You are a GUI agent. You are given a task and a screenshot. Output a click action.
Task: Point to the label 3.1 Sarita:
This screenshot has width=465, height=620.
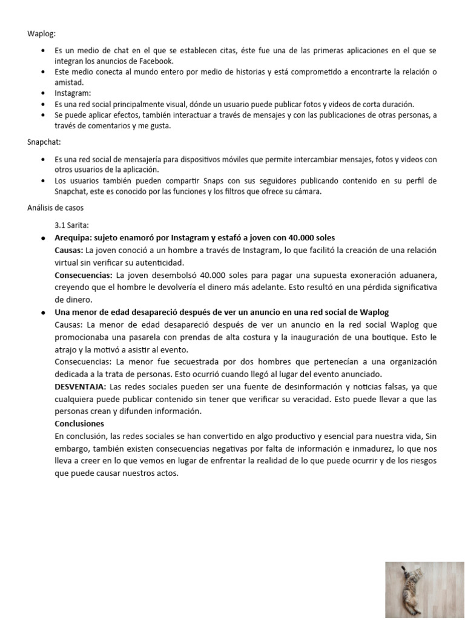[73, 223]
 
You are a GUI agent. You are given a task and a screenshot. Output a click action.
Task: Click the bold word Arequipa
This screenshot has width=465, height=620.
[74, 237]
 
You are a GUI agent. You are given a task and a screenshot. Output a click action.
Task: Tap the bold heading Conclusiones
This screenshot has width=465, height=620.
[79, 423]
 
